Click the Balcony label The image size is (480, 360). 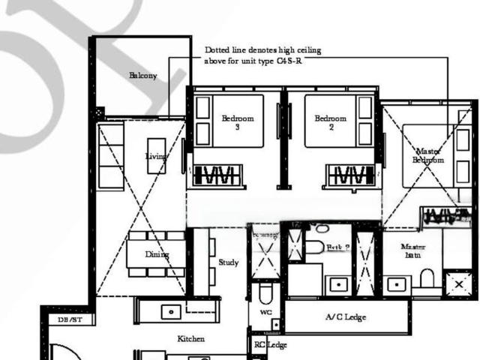pos(142,76)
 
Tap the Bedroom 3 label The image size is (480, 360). pos(238,122)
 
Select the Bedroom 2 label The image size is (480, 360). pos(330,122)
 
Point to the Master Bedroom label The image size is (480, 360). pos(428,154)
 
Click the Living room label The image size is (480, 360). pos(156,156)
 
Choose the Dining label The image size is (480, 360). pos(157,254)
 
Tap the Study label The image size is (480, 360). pos(229,262)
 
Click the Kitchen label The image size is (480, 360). pos(190,339)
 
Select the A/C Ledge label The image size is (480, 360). pos(346,317)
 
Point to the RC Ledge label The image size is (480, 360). pos(270,345)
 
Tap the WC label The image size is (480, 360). pos(265,311)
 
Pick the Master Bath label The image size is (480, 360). pos(413,251)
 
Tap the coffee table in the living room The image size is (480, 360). pos(156,155)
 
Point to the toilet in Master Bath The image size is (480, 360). pos(427,279)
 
